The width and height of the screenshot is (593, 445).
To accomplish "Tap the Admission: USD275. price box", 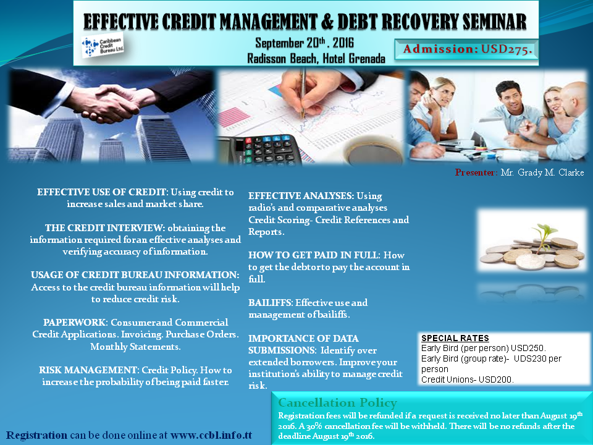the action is click(466, 49).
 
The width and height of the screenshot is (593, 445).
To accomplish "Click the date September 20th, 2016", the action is click(305, 43).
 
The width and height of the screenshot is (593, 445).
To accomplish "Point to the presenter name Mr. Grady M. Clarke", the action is click(542, 172).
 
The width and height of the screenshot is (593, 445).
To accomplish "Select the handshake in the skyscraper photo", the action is click(110, 102).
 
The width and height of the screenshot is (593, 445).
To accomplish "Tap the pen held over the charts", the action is click(303, 93).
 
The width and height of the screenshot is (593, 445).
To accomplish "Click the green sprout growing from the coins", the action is click(544, 235).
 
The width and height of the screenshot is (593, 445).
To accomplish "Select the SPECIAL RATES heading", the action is click(455, 338).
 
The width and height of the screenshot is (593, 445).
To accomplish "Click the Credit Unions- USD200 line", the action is click(468, 379).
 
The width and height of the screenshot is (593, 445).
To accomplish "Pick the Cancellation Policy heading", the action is click(337, 402).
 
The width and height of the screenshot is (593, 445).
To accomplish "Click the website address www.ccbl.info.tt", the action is click(211, 435).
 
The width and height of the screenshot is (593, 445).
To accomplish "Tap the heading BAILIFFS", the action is click(270, 303).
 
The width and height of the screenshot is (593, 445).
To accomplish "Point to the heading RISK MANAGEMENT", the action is click(88, 370).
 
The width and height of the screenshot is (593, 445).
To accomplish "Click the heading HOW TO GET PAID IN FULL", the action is click(313, 255).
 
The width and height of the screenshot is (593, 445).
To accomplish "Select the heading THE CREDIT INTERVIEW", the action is click(104, 228).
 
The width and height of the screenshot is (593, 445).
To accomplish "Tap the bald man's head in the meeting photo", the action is click(573, 97).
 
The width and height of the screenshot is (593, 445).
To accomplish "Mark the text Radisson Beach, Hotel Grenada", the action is click(316, 59).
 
